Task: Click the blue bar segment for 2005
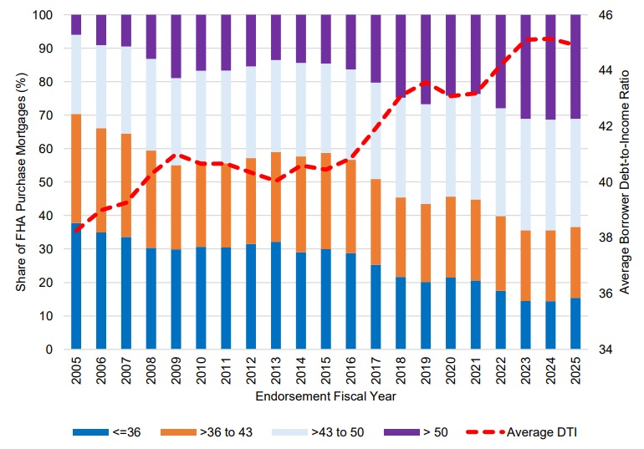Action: [x=76, y=285]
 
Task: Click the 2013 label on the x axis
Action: [x=276, y=369]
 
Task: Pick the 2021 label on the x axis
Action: [x=475, y=369]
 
